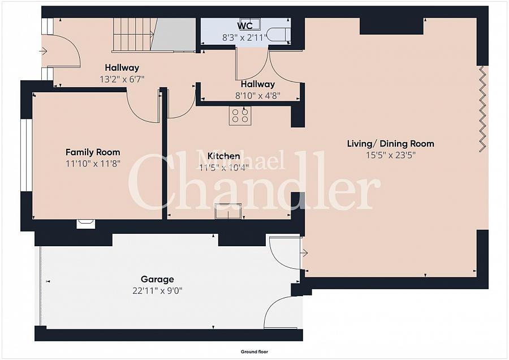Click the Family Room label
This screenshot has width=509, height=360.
pyautogui.click(x=93, y=152)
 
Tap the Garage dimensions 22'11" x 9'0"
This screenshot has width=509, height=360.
pyautogui.click(x=157, y=290)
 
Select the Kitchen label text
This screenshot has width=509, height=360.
pyautogui.click(x=223, y=156)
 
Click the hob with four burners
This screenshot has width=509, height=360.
pyautogui.click(x=240, y=115)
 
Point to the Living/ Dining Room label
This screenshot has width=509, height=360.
pyautogui.click(x=390, y=144)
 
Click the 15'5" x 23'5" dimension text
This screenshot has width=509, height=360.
pyautogui.click(x=391, y=155)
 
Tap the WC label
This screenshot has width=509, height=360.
pyautogui.click(x=245, y=25)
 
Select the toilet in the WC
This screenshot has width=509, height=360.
pyautogui.click(x=278, y=35)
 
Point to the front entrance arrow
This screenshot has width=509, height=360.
pyautogui.click(x=44, y=51)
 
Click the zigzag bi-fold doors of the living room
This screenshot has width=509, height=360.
pyautogui.click(x=484, y=109)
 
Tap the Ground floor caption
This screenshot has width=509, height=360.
pyautogui.click(x=255, y=352)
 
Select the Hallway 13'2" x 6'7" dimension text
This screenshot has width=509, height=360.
pyautogui.click(x=122, y=79)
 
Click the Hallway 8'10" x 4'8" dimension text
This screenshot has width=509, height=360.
pyautogui.click(x=258, y=96)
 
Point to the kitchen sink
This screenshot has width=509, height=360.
pyautogui.click(x=228, y=211)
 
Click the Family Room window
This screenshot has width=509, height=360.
pyautogui.click(x=26, y=155)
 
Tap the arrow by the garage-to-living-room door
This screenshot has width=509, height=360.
pyautogui.click(x=304, y=252)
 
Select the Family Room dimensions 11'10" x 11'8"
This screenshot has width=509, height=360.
pyautogui.click(x=93, y=164)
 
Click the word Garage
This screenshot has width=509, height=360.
pyautogui.click(x=157, y=279)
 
